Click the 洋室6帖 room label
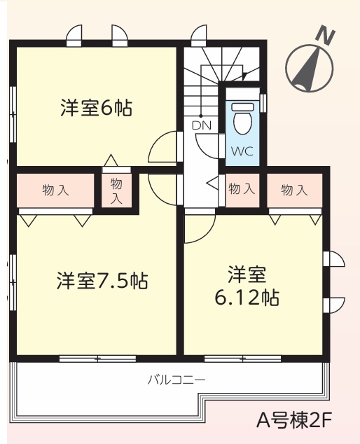(96, 108)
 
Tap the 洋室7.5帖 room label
(102, 280)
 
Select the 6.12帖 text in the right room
(247, 298)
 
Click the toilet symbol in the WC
(243, 118)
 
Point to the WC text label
(242, 151)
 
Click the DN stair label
(202, 125)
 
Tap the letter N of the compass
(326, 35)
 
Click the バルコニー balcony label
(176, 380)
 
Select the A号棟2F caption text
(293, 421)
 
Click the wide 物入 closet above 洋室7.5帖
(55, 190)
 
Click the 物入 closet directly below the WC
(242, 189)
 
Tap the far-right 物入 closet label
(294, 190)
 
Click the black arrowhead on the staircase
(244, 76)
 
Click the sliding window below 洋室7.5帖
(97, 359)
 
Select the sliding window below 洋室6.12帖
(243, 359)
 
